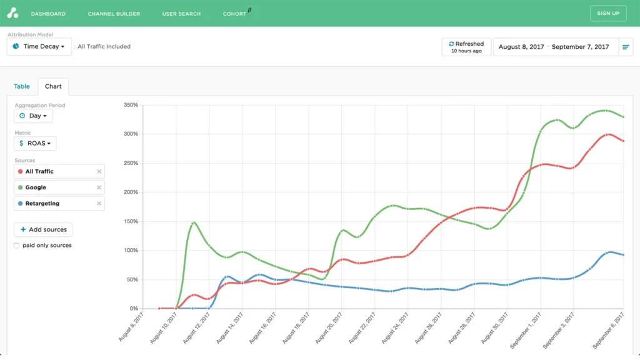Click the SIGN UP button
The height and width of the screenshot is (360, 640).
608,13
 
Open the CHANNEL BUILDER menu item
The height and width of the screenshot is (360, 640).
114,14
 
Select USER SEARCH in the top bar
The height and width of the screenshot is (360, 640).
181,14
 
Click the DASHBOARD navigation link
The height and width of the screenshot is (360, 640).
48,14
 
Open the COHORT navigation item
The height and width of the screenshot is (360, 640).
235,14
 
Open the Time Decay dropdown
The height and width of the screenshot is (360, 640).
39,47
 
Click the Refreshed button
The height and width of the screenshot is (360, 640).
466,47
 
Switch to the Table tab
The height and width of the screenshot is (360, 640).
22,86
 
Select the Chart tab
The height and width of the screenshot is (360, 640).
53,86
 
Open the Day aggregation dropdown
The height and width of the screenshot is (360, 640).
33,116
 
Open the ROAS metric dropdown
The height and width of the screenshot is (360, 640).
35,144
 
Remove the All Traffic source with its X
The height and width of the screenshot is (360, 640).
99,171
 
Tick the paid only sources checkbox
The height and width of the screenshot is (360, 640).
16,246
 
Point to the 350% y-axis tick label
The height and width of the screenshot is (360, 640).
129,105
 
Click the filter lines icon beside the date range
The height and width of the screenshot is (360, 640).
626,47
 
